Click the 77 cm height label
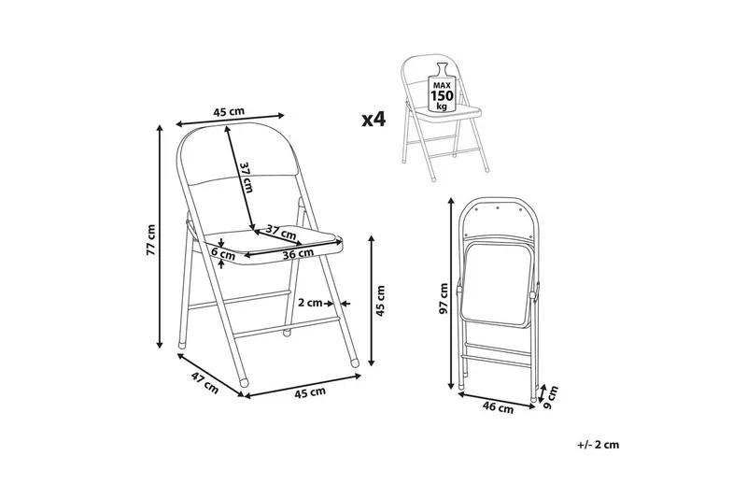pyautogui.click(x=151, y=240)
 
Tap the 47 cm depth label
pyautogui.click(x=204, y=383)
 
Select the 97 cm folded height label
pyautogui.click(x=444, y=298)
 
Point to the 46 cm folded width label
pyautogui.click(x=499, y=407)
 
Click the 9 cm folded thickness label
pyautogui.click(x=550, y=397)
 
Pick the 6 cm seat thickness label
pyautogui.click(x=223, y=253)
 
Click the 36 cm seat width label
pyautogui.click(x=298, y=253)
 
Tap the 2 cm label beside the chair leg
pyautogui.click(x=310, y=303)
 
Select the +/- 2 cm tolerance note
pyautogui.click(x=599, y=445)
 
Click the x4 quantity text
pyautogui.click(x=373, y=120)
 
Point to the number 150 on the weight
pyautogui.click(x=442, y=95)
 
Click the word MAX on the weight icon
pyautogui.click(x=442, y=85)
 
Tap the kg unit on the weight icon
pyautogui.click(x=442, y=107)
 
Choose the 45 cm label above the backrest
pyautogui.click(x=229, y=112)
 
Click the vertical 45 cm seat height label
pyautogui.click(x=380, y=301)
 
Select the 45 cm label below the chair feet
pyautogui.click(x=310, y=392)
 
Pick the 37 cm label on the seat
pyautogui.click(x=281, y=232)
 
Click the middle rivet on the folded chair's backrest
pyautogui.click(x=497, y=207)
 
